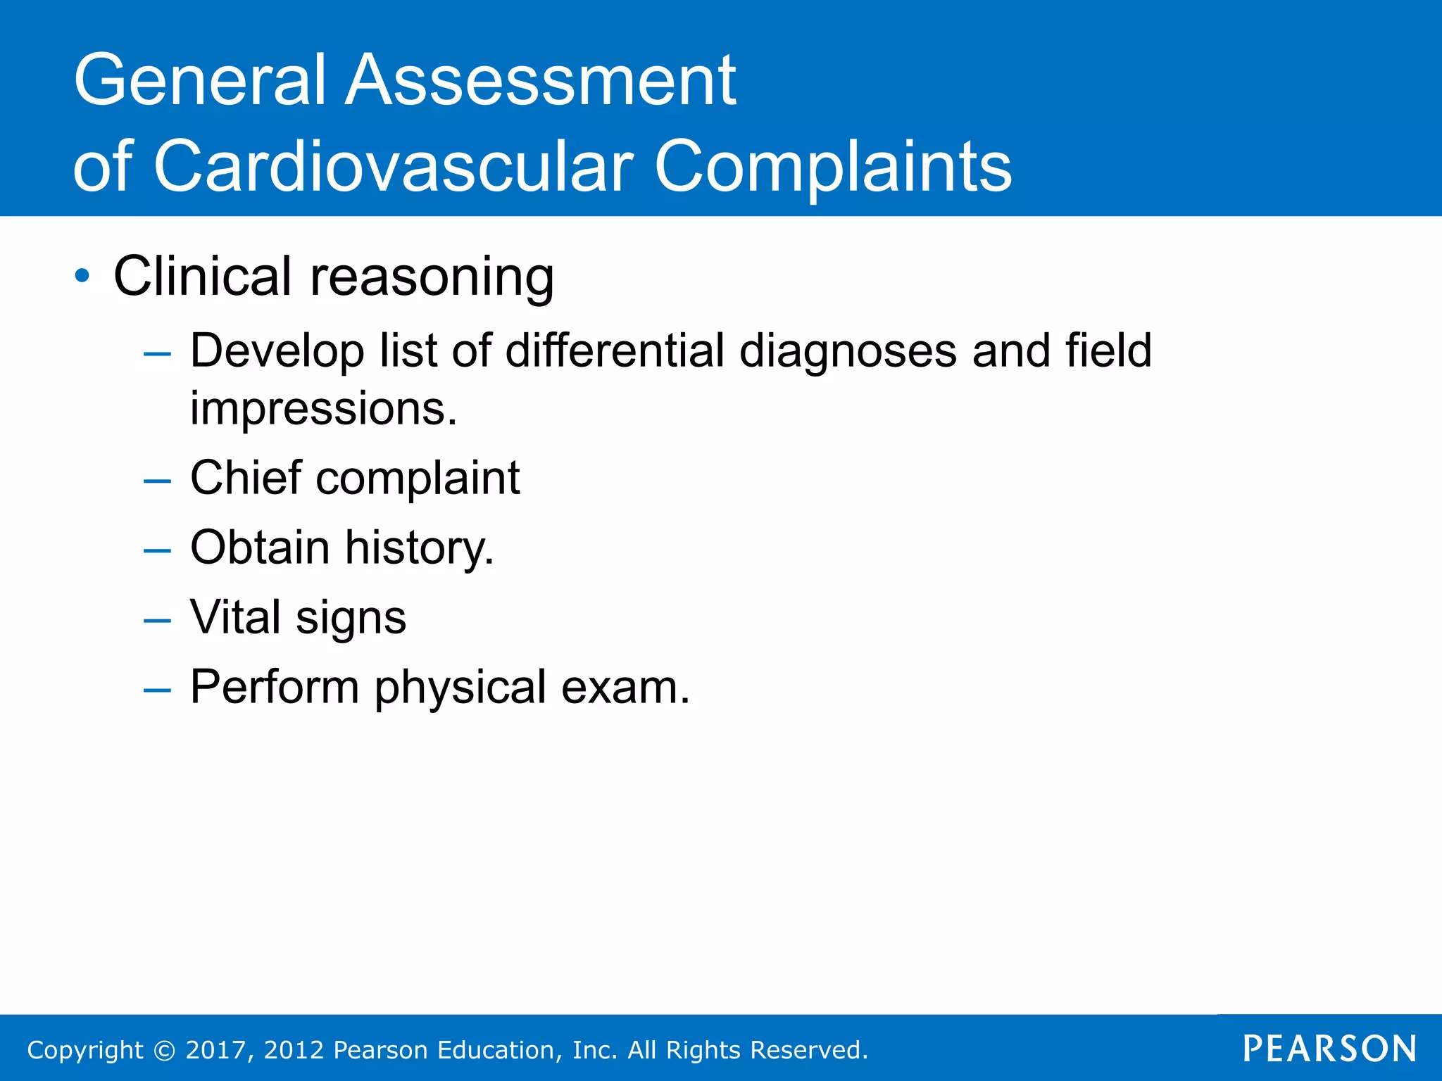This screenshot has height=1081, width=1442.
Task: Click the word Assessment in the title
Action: click(x=541, y=81)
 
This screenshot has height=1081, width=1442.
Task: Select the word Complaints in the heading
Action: click(x=832, y=167)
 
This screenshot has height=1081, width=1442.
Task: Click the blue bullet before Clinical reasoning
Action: click(x=83, y=276)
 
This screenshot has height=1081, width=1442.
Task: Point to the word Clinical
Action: click(x=202, y=276)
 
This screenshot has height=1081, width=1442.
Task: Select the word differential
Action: click(x=615, y=350)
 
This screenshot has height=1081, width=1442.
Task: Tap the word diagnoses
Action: click(x=848, y=352)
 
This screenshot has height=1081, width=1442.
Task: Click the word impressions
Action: click(x=323, y=410)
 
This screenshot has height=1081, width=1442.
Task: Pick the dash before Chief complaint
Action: click(x=157, y=481)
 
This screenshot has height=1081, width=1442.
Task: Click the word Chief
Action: click(x=246, y=478)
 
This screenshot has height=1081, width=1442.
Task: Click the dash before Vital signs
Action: click(x=157, y=621)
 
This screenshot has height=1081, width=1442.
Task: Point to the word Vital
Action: click(x=236, y=617)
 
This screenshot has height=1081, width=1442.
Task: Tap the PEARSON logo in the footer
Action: click(x=1329, y=1049)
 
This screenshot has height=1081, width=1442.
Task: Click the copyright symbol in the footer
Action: click(x=164, y=1050)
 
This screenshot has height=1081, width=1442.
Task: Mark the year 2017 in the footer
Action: click(x=215, y=1050)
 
